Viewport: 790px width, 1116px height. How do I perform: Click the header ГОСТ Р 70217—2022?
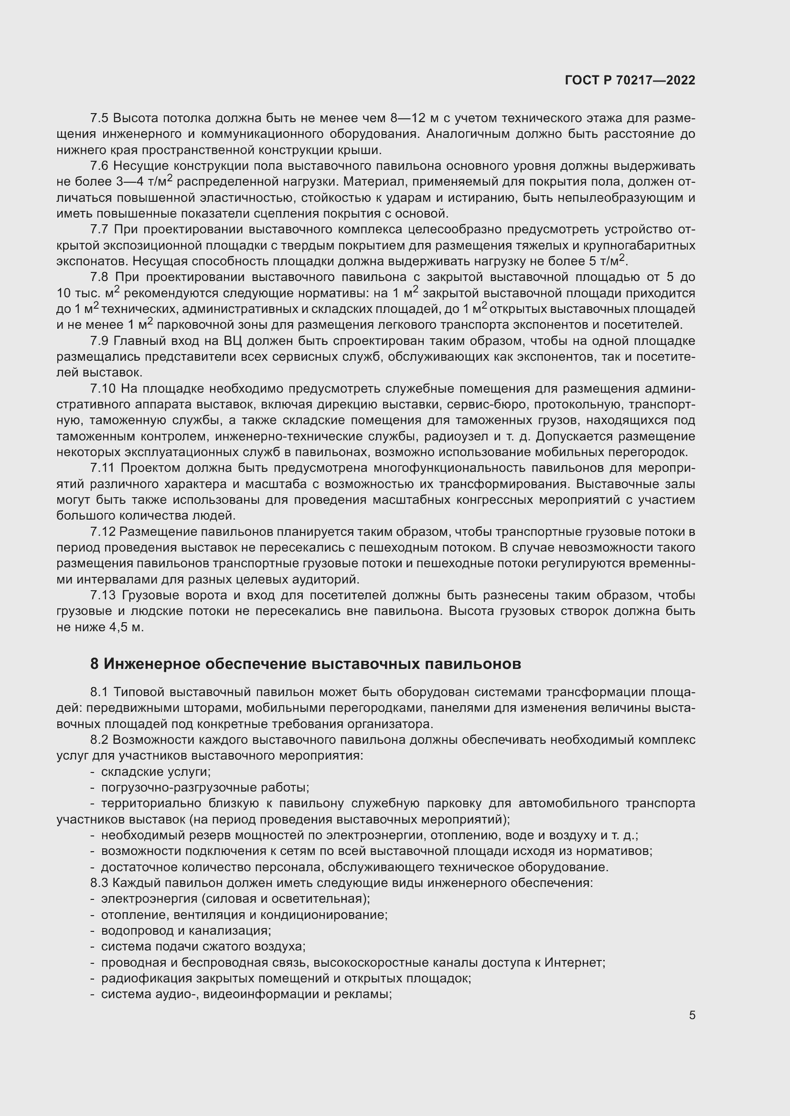[x=630, y=81]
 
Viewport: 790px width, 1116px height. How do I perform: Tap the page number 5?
[x=692, y=1015]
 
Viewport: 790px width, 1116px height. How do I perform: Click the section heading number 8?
[x=94, y=664]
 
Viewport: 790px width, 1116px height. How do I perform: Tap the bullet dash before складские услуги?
[x=93, y=772]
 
